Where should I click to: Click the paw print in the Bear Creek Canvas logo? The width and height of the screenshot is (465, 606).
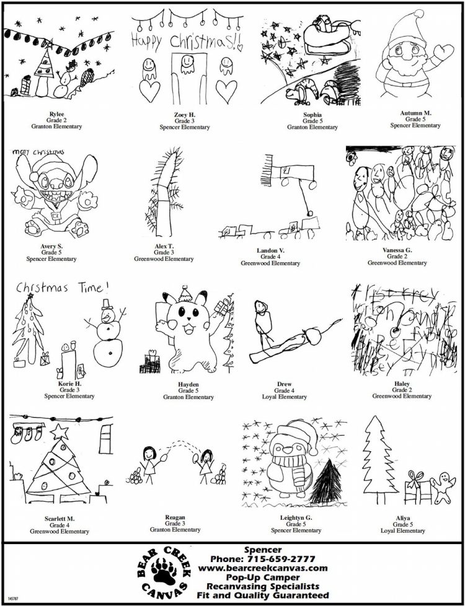pyautogui.click(x=162, y=573)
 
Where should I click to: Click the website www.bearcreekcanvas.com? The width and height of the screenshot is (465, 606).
pyautogui.click(x=263, y=568)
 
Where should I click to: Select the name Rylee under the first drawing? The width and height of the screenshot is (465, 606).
pyautogui.click(x=56, y=114)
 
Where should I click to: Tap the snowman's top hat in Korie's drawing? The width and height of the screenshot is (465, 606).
pyautogui.click(x=107, y=303)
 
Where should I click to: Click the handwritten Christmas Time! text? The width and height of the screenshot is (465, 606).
pyautogui.click(x=61, y=287)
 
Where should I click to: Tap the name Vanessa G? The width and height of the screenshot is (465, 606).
pyautogui.click(x=397, y=250)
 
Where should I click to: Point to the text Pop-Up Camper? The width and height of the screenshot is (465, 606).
pyautogui.click(x=263, y=577)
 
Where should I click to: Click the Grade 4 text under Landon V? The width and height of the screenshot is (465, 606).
pyautogui.click(x=270, y=257)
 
